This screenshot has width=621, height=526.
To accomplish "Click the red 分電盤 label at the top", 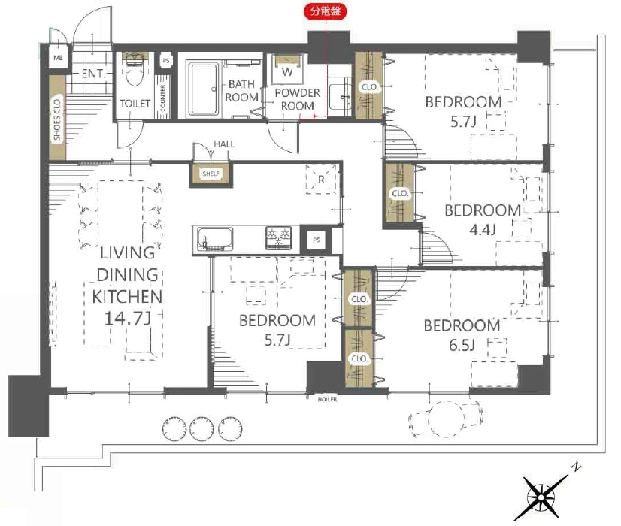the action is pyautogui.click(x=325, y=11).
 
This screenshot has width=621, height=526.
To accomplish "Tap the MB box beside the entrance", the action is pyautogui.click(x=58, y=58).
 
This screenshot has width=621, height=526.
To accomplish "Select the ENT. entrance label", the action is pyautogui.click(x=92, y=74).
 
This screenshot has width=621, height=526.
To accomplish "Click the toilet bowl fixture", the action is pyautogui.click(x=135, y=70).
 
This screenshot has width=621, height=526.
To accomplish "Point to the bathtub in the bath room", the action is pyautogui.click(x=204, y=89).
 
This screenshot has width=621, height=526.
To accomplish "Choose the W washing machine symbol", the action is pyautogui.click(x=287, y=71).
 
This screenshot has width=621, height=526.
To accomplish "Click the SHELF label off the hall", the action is pyautogui.click(x=211, y=174).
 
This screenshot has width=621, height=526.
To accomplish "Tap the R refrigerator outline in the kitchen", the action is pyautogui.click(x=321, y=180).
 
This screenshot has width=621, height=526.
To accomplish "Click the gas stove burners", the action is pyautogui.click(x=279, y=237).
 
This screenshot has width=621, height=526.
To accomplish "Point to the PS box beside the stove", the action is pyautogui.click(x=316, y=240).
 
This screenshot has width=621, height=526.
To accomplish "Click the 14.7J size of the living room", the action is pyautogui.click(x=128, y=318).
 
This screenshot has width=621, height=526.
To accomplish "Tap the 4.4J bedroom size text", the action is pyautogui.click(x=483, y=230).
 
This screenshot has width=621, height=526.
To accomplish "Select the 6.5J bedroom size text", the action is pyautogui.click(x=462, y=346).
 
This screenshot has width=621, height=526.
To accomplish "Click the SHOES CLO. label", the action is pyautogui.click(x=57, y=117).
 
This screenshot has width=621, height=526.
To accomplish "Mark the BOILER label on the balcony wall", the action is pyautogui.click(x=327, y=399).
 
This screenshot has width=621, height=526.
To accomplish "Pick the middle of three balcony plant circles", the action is pyautogui.click(x=202, y=429).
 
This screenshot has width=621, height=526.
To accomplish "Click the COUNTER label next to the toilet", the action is pyautogui.click(x=163, y=98).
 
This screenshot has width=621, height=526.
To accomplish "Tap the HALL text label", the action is pyautogui.click(x=224, y=144).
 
